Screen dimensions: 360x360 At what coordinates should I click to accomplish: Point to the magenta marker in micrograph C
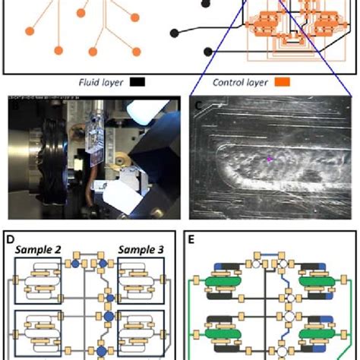click(267, 159)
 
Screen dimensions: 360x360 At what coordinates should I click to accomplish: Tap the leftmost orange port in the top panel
click(29, 31)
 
